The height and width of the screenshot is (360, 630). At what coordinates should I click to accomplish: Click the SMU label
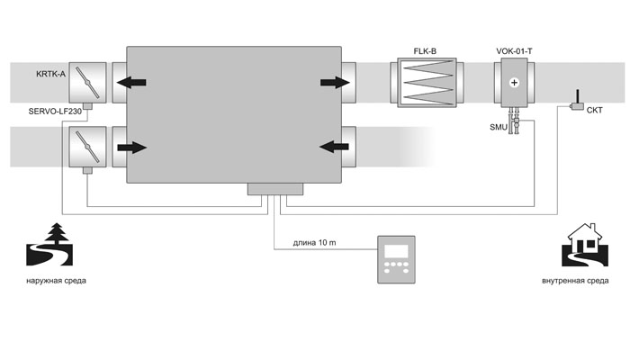pyautogui.click(x=498, y=128)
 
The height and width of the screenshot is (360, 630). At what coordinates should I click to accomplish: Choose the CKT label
pyautogui.click(x=596, y=112)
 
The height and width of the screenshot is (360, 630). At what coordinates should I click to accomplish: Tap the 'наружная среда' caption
pyautogui.click(x=57, y=281)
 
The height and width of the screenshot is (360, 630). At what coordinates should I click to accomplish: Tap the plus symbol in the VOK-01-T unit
pyautogui.click(x=514, y=83)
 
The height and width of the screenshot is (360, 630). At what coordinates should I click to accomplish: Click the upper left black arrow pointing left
pyautogui.click(x=130, y=84)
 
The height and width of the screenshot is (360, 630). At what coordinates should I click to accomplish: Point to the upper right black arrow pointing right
pyautogui.click(x=334, y=84)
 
